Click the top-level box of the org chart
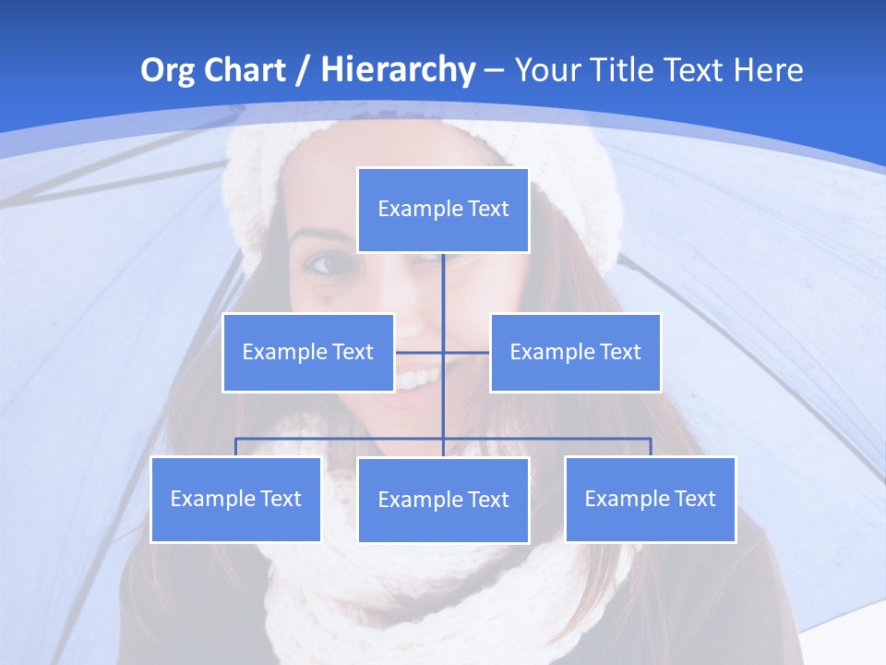443,210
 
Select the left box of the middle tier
308,353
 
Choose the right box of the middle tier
575,353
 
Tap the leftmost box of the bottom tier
235,500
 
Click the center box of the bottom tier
443,501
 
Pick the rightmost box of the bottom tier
650,500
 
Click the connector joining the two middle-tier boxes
465,352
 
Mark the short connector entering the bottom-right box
651,447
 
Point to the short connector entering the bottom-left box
236,447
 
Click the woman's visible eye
329,266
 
